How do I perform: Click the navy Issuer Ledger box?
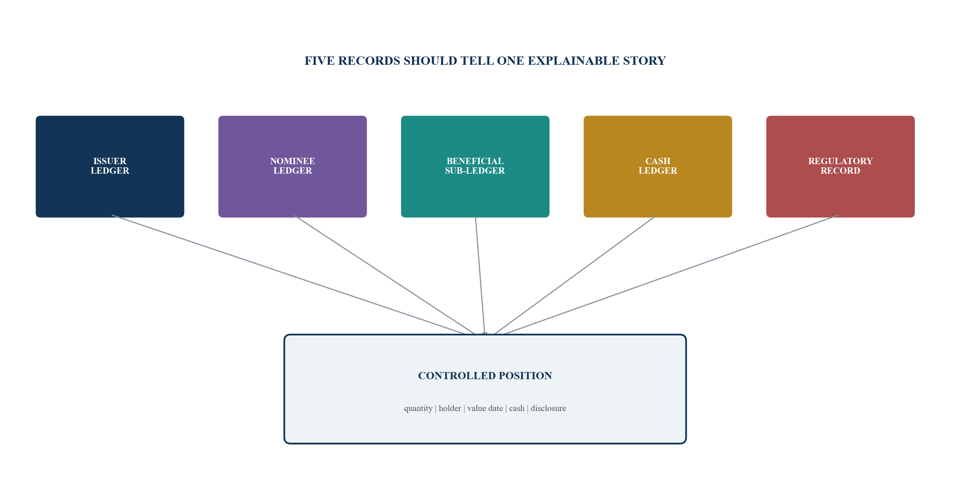point(110,167)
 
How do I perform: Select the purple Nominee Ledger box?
point(292,167)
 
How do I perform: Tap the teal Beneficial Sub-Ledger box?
point(475,167)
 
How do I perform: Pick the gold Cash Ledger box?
point(658,167)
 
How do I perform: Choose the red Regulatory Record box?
point(840,167)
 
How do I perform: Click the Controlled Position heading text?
point(485,376)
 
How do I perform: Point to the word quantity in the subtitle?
point(418,409)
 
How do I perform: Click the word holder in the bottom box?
point(450,408)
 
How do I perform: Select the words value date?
point(485,408)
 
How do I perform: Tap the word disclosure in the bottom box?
point(548,408)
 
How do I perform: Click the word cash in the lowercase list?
point(517,408)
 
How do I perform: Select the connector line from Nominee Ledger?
point(385,275)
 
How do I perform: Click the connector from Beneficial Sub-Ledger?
point(480,275)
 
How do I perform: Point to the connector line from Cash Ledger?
point(575,275)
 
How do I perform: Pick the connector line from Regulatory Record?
point(671,275)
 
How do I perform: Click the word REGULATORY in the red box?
point(840,161)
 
